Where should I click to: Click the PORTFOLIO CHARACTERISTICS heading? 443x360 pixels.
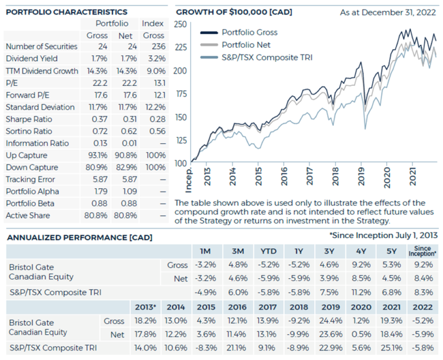(66, 12)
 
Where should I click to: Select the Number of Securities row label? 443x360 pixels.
(38, 47)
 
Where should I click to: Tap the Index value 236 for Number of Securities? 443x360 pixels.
(153, 47)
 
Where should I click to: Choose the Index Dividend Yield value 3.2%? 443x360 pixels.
(153, 59)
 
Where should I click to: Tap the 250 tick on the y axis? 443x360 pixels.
(180, 24)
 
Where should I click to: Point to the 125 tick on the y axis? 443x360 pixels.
(180, 140)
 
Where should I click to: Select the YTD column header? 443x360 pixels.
(268, 252)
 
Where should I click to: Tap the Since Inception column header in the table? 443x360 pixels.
(422, 252)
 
